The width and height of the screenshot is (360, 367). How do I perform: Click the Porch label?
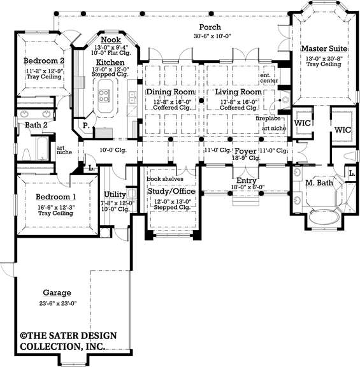pyautogui.click(x=210, y=27)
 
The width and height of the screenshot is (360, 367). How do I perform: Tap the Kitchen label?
pyautogui.click(x=110, y=62)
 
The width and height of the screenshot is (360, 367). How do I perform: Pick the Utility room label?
pyautogui.click(x=115, y=194)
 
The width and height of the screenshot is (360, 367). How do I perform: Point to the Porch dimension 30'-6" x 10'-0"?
pyautogui.click(x=210, y=36)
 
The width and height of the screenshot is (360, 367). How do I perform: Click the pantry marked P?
pyautogui.click(x=85, y=127)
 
